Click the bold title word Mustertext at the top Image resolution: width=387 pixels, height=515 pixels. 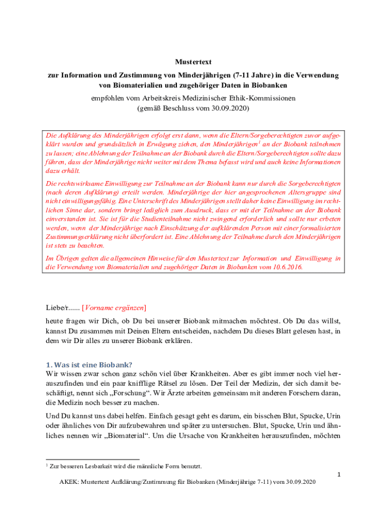193,62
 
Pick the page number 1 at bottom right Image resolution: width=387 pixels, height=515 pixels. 339,474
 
